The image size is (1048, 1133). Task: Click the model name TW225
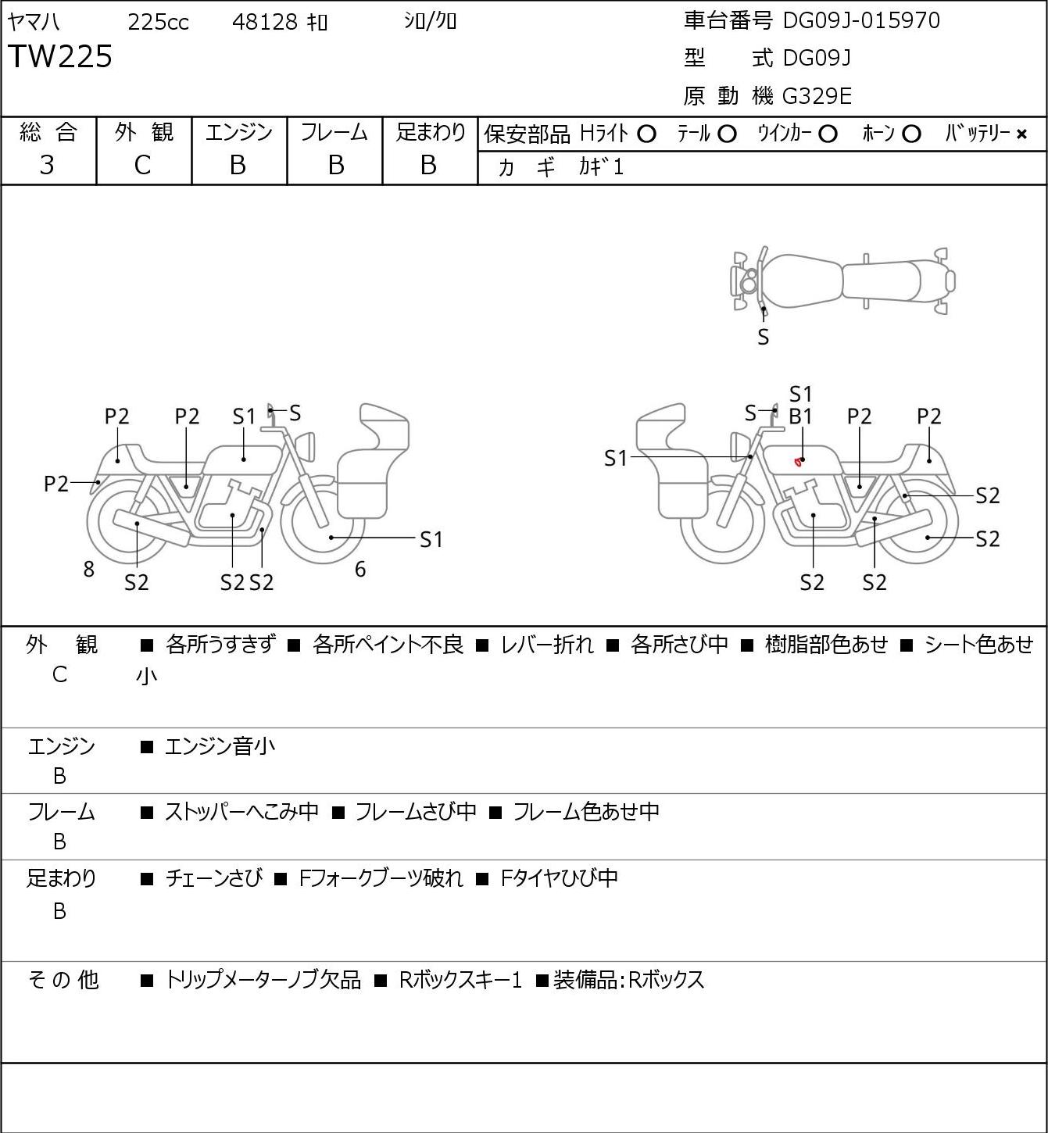pos(60,56)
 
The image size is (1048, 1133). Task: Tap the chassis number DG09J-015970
pos(861,20)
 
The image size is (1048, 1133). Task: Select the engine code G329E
pos(817,96)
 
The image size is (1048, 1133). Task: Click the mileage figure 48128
pos(265,22)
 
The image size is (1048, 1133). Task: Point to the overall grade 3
pos(48,166)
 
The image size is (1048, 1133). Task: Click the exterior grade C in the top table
pos(143,166)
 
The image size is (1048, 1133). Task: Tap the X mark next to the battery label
pos(1021,134)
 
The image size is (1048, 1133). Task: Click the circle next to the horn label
pos(911,134)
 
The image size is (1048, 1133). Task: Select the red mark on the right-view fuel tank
pos(797,462)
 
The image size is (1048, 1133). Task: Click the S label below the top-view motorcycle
pos(764,338)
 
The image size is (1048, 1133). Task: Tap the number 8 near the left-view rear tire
pos(88,569)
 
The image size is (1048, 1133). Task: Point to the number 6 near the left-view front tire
pos(360,569)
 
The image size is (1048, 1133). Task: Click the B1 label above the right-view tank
pos(800,417)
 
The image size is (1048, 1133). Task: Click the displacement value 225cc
pos(158,22)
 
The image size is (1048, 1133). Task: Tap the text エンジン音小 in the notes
pos(220,746)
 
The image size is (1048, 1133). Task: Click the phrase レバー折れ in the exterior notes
pos(547,645)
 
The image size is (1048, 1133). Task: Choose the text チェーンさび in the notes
pos(214,877)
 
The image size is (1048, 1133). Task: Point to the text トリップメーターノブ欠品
pos(263,980)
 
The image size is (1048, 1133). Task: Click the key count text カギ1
pos(602,167)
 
